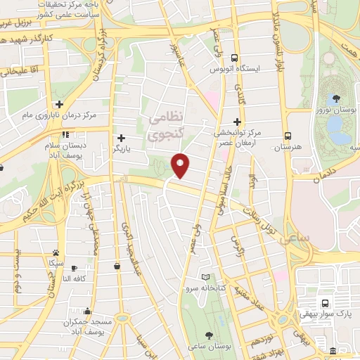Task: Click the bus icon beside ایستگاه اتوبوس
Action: point(235,59)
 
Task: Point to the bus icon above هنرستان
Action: point(288,136)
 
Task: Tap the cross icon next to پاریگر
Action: point(122,139)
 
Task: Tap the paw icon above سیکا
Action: point(55,252)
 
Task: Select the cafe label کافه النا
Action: point(75,278)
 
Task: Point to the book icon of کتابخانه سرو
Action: point(205,277)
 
